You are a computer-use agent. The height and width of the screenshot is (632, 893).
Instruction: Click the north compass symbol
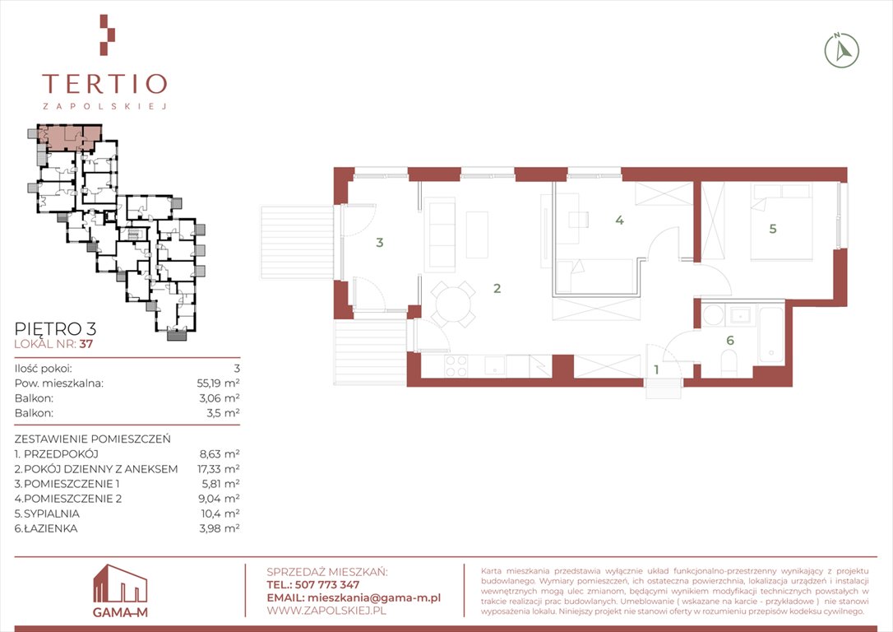(842, 51)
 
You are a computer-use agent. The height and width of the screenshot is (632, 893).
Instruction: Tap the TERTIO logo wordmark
(104, 84)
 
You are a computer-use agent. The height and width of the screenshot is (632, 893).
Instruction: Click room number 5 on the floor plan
(772, 229)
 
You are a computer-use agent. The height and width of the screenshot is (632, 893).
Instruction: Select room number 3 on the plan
(379, 243)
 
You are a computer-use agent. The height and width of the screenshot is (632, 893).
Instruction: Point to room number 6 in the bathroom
(729, 341)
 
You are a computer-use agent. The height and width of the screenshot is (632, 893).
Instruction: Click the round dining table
(453, 304)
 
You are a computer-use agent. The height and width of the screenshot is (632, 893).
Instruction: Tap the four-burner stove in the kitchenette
(456, 366)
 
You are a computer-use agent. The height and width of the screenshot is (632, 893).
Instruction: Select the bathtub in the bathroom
(771, 336)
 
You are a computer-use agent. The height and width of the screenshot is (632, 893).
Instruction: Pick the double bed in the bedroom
(781, 222)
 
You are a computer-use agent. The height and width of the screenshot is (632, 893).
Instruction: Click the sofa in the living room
(441, 233)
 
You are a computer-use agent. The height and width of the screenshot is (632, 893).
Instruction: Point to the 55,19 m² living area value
(218, 383)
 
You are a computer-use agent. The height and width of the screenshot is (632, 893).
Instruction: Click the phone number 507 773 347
(327, 585)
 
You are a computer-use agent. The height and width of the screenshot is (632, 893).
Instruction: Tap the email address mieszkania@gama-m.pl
(373, 597)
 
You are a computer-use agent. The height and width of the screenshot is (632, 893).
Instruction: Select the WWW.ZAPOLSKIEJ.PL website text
(326, 611)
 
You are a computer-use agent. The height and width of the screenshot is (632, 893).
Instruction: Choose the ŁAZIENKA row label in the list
(51, 528)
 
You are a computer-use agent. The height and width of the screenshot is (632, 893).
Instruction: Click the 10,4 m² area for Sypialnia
(220, 513)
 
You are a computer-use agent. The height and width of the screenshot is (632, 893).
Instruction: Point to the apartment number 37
(86, 344)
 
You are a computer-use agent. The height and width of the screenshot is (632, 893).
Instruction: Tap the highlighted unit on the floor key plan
(69, 137)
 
